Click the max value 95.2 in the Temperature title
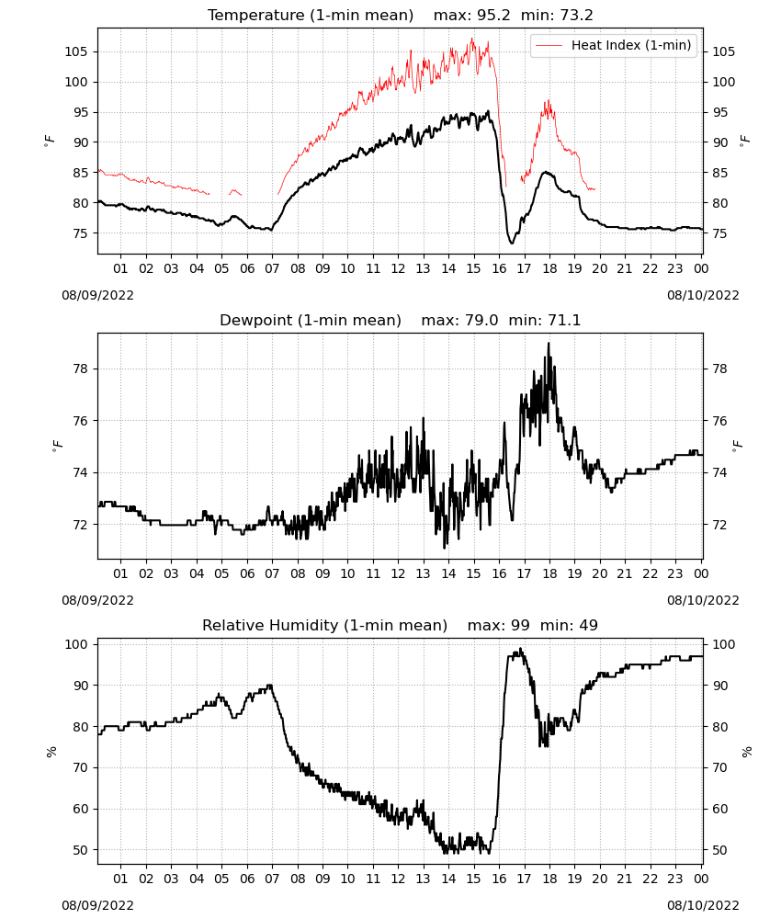coord(493,16)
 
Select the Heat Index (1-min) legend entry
coord(614,45)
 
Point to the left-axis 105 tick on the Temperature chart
coord(76,51)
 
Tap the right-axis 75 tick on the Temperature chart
coord(720,233)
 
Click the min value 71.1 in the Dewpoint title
coord(563,321)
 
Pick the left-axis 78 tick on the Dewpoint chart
coord(80,369)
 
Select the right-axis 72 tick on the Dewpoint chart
coord(720,525)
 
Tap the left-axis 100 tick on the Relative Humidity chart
coord(76,644)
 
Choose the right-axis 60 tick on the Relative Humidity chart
coord(720,809)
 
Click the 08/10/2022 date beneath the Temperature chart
coord(703,295)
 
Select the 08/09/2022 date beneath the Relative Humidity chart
coord(97,905)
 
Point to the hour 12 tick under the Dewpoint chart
coord(399,573)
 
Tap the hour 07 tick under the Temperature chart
coord(272,268)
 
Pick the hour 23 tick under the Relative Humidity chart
coord(675,879)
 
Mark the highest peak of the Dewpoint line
coord(549,344)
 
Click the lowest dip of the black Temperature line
coord(512,243)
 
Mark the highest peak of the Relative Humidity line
coord(521,649)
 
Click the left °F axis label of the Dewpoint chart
coord(57,446)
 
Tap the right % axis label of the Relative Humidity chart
coord(747,752)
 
